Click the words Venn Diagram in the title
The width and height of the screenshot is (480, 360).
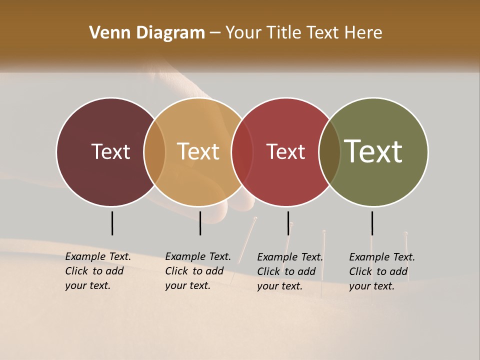147,33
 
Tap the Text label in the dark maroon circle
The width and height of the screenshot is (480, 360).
110,151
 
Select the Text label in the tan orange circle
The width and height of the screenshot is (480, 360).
198,151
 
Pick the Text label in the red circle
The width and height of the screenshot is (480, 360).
286,151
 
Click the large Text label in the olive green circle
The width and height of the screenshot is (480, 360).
373,151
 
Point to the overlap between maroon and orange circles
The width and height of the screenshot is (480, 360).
154,151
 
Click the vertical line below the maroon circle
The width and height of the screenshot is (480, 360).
112,223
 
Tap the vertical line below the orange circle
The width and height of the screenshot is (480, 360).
200,223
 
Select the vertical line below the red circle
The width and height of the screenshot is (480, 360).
288,223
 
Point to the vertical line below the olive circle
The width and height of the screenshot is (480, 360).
372,223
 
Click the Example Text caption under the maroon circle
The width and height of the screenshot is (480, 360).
98,256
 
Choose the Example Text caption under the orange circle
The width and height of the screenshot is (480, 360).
198,256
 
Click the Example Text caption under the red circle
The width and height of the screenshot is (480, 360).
290,257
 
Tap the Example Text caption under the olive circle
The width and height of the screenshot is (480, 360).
382,257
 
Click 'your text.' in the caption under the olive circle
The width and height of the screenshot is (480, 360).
371,286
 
